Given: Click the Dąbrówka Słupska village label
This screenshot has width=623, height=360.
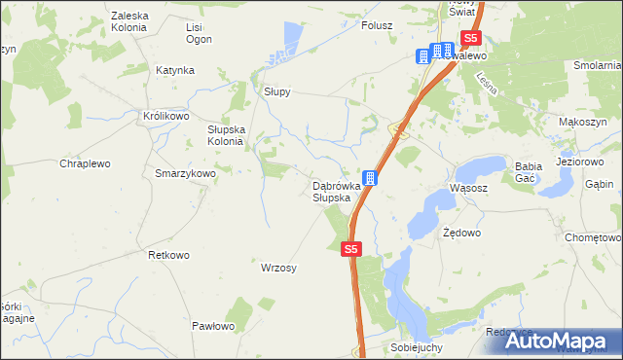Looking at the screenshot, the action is point(337,192).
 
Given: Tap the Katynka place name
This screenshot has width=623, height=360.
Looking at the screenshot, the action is point(175,70).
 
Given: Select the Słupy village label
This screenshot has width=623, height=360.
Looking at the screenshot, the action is point(277,92).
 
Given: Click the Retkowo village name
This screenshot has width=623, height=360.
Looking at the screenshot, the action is point(167,255).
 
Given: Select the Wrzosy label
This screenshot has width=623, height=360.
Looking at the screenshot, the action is point(278,267).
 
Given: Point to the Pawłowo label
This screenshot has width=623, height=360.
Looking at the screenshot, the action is point(213,326).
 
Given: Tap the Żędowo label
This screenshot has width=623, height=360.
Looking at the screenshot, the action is point(461,234).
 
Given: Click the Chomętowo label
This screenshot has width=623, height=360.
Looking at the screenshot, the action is point(593,236).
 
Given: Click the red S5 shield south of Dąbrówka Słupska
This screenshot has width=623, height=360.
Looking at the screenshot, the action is point(352,250).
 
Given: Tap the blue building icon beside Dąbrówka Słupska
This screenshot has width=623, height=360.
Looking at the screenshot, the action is point(371,179).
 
